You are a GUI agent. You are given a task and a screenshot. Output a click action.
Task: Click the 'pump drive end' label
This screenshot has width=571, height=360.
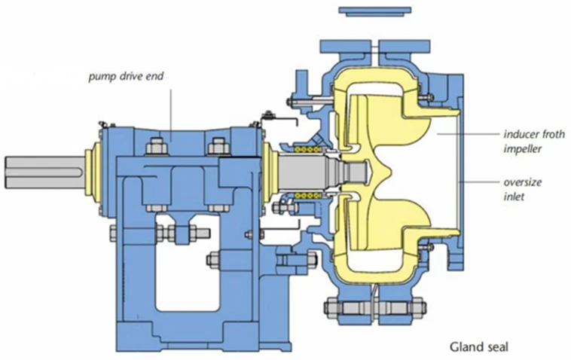(125, 76)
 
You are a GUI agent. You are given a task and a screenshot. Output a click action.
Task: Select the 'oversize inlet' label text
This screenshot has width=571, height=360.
(523, 188)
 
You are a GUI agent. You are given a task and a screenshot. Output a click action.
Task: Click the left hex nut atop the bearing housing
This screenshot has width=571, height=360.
(157, 144)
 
